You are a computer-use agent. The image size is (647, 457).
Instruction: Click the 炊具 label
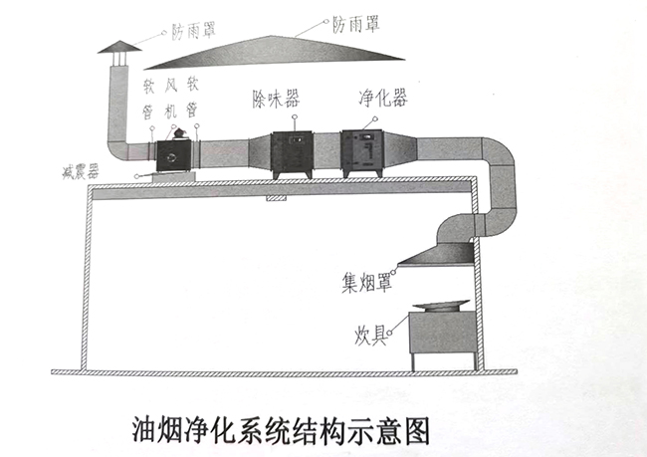tap(372, 330)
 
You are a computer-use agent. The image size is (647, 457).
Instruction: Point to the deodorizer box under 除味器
tap(289, 152)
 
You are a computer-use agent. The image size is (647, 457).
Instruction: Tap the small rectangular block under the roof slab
tap(275, 197)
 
